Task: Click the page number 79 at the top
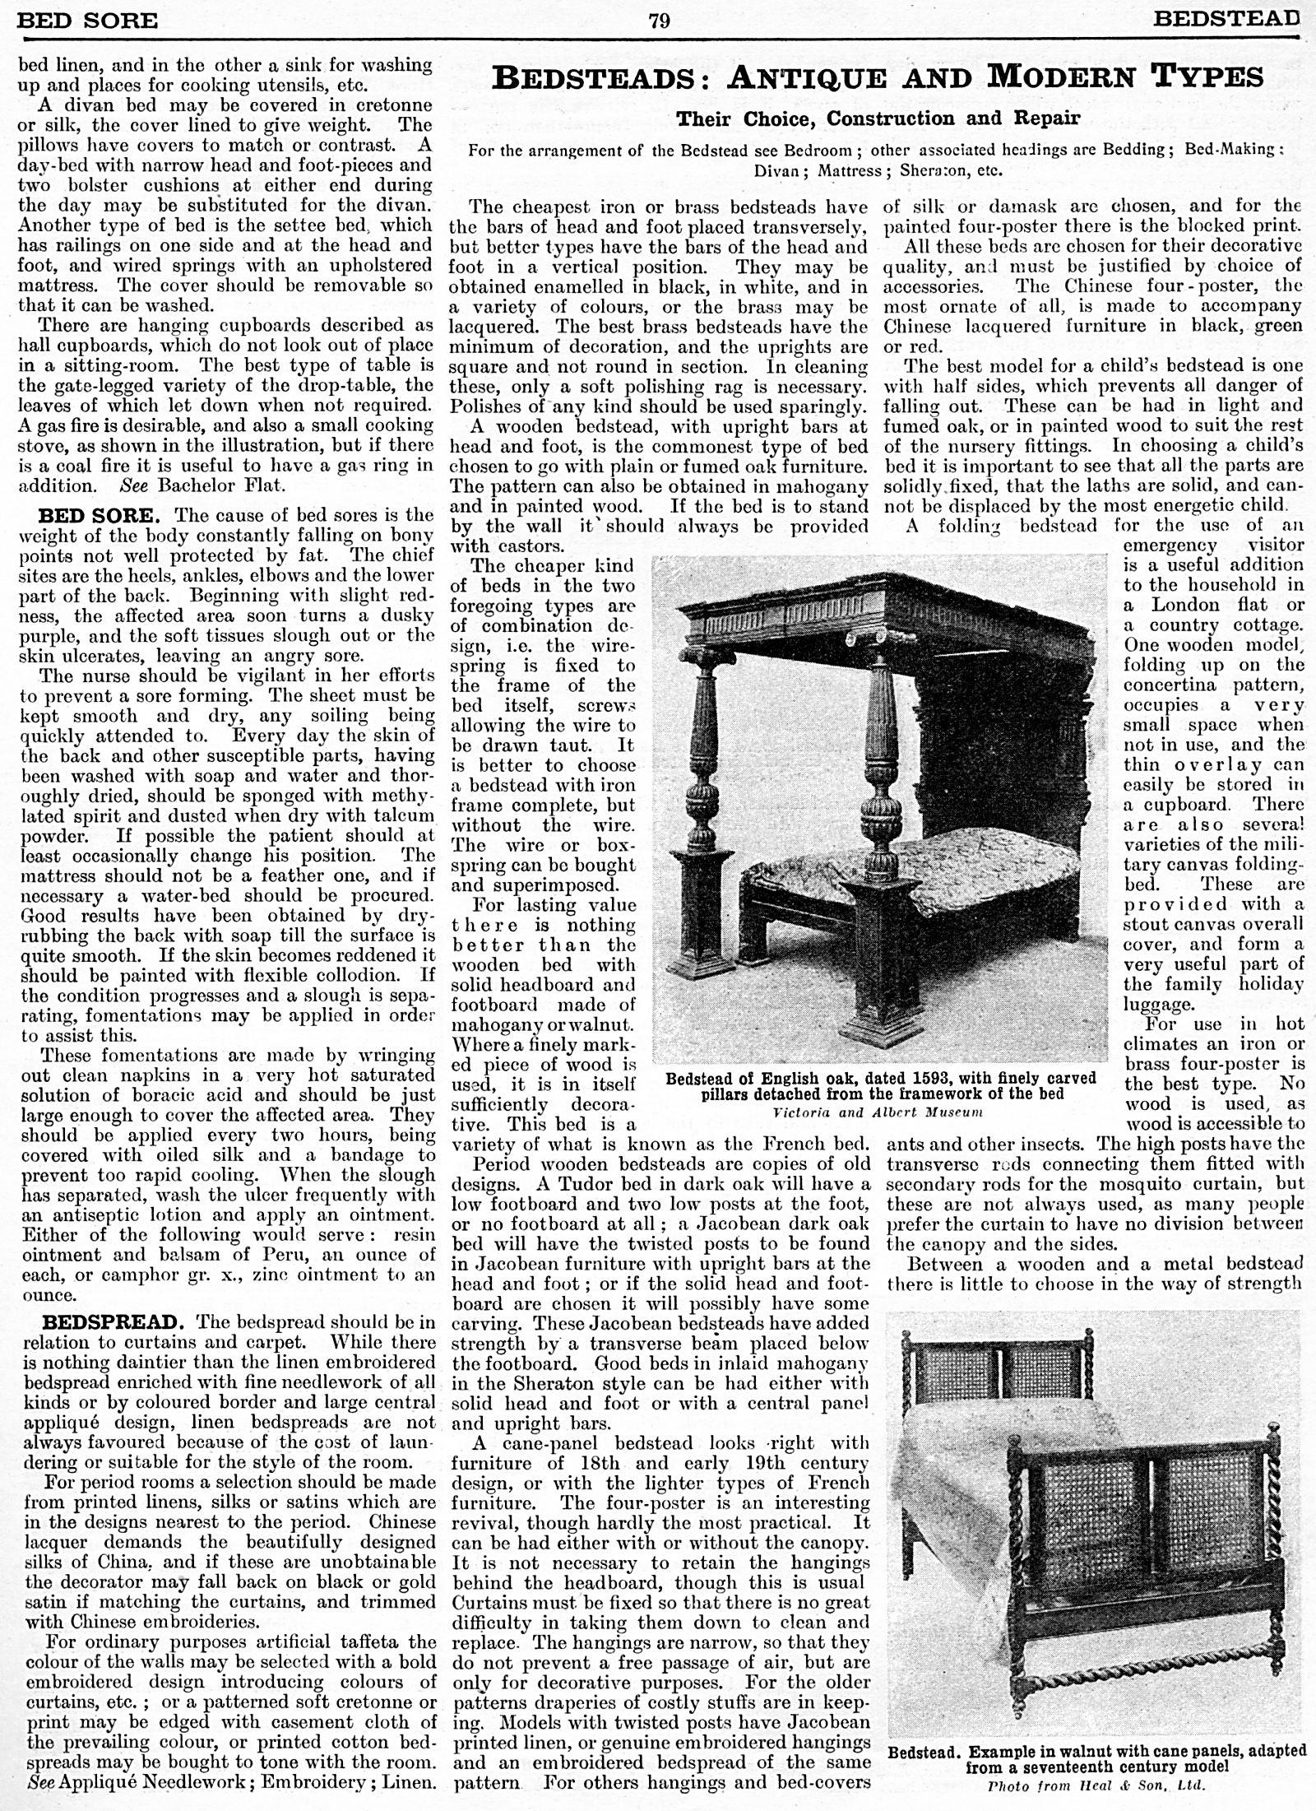point(659,20)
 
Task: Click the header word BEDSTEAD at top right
point(1226,19)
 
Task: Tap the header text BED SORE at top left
point(87,20)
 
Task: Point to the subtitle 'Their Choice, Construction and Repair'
point(877,118)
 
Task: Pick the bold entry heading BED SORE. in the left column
point(95,516)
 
